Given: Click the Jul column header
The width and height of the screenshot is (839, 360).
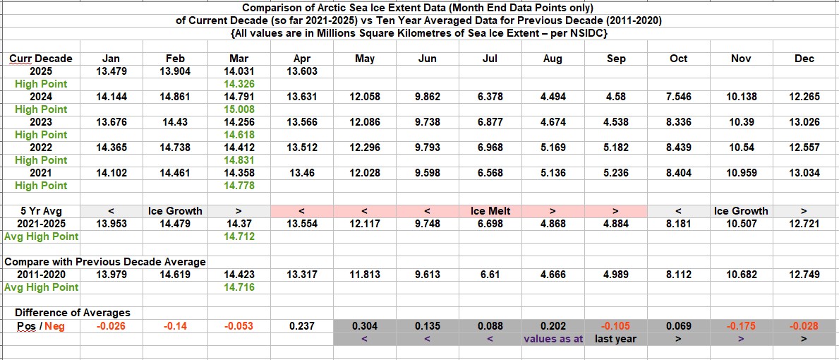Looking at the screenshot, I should (490, 59).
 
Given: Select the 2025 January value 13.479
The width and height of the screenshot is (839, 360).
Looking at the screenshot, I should (111, 71).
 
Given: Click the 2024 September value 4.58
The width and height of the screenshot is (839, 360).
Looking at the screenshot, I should (615, 97).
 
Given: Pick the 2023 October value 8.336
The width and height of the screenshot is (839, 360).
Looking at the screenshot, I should (678, 122).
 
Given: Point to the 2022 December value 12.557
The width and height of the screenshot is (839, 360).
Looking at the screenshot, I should (804, 148).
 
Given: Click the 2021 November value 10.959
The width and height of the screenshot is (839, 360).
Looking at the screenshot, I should (741, 173).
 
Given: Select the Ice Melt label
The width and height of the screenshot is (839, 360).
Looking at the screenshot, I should (490, 210).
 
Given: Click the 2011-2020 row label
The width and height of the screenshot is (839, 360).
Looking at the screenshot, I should (41, 274).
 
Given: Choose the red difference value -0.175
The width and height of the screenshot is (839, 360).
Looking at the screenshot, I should (741, 325).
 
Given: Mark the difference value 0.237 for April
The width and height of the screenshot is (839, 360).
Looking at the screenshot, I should (301, 325).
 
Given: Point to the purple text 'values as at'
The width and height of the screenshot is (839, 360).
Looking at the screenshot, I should (553, 339).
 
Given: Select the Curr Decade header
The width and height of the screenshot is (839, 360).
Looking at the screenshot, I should (41, 59).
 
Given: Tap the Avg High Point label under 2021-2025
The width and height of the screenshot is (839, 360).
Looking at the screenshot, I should (41, 236).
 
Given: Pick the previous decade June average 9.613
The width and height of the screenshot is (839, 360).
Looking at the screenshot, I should (427, 274).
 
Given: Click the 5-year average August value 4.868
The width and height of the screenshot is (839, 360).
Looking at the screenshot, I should (553, 224).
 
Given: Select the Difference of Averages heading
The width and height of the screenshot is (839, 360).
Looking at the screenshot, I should (73, 312).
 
